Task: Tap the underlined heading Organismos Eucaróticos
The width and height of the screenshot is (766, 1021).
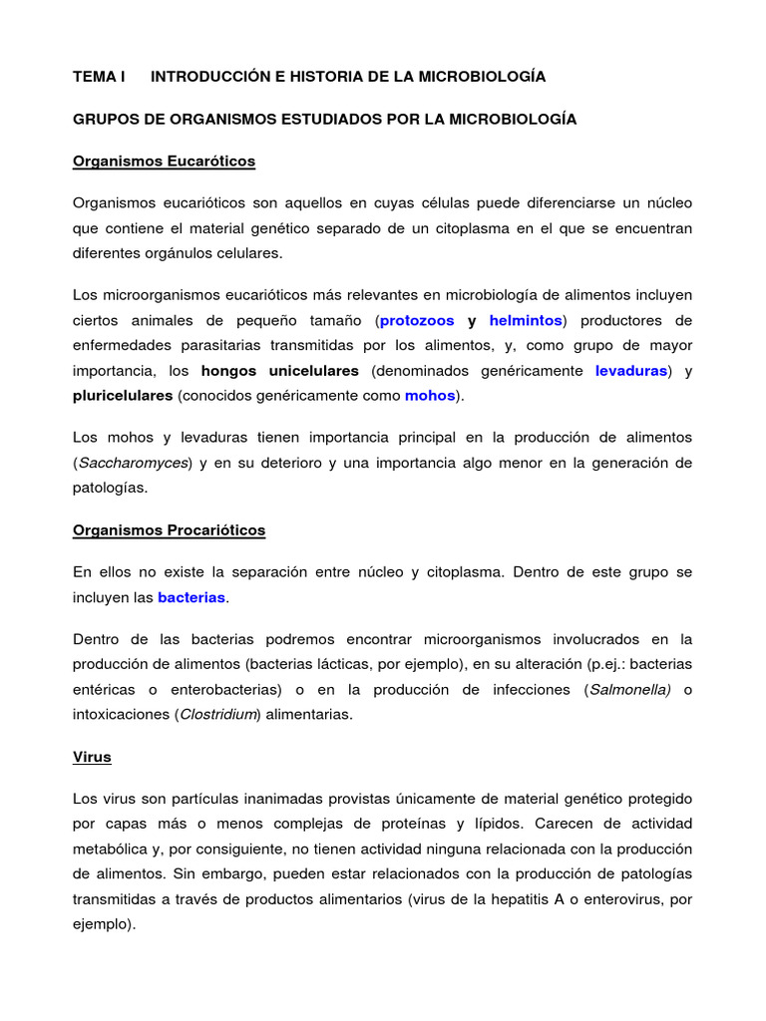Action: click(x=164, y=161)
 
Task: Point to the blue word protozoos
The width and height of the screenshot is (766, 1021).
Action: click(x=417, y=320)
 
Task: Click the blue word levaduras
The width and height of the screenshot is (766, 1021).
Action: click(x=631, y=371)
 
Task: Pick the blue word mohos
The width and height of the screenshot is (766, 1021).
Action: click(x=430, y=396)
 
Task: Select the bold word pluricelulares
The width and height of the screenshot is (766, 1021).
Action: click(x=123, y=396)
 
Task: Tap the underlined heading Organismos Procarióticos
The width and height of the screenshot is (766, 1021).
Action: click(x=169, y=530)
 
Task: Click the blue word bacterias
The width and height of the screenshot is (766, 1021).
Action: click(x=192, y=597)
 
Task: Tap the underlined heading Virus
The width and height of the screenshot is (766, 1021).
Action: click(x=92, y=757)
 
